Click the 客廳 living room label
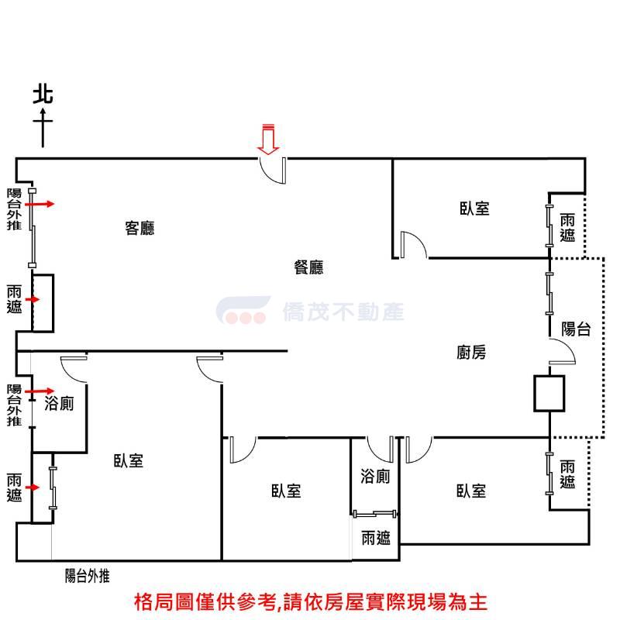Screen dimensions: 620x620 pos(139,228)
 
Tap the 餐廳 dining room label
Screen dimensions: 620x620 pos(308,267)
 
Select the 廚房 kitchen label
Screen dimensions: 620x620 pos(471,353)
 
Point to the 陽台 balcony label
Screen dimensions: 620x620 pos(576,329)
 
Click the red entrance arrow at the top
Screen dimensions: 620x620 pos(268,139)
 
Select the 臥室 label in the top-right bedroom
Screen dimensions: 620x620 pos(474,208)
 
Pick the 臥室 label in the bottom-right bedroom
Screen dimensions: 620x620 pos(470,491)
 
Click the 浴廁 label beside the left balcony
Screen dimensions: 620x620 pos(59,403)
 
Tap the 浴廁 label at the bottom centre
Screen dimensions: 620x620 pos(375,476)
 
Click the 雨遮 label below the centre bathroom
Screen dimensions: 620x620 pos(375,538)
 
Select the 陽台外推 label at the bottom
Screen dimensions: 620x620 pos(88,576)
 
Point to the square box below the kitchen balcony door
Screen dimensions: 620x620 pos(549,393)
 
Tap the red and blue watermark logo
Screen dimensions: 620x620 pos(241,311)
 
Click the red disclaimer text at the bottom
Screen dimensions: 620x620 pos(310,601)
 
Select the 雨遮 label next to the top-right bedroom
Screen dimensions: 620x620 pos(567,227)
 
